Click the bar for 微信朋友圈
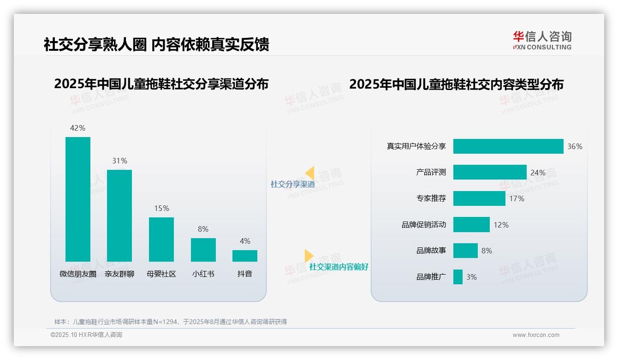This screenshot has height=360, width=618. coord(78,199)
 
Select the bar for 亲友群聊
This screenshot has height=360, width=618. coord(119,216)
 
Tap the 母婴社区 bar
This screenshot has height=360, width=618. coord(161,239)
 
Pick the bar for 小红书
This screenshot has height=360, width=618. coord(203,250)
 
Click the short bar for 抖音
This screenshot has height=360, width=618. coord(245,256)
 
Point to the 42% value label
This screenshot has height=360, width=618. coord(77,128)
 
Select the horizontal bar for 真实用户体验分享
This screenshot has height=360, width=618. coord(508,146)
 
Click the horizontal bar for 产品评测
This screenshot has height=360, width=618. coord(490,172)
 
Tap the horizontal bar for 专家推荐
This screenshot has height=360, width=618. coord(479,198)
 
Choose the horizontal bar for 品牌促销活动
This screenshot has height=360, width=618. coord(471,225)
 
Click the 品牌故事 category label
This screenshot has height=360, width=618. coord(431,251)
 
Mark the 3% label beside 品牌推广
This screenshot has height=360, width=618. coord(471,277)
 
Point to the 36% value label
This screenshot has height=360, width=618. coord(575,146)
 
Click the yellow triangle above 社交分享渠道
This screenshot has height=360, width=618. coord(310,173)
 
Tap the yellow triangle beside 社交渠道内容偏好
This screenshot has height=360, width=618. coord(309,256)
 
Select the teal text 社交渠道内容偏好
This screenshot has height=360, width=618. coord(339,267)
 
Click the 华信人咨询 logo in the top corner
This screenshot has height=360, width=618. coord(542,40)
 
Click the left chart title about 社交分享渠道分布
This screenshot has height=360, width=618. coord(161,84)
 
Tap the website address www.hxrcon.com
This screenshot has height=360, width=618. coord(536,335)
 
